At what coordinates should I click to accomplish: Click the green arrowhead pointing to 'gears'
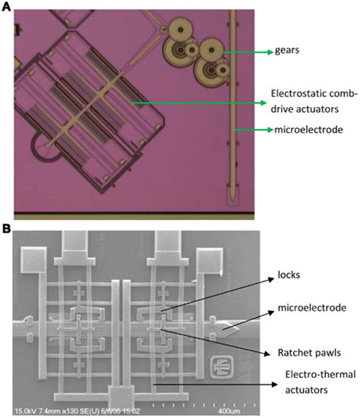[x=268, y=52]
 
